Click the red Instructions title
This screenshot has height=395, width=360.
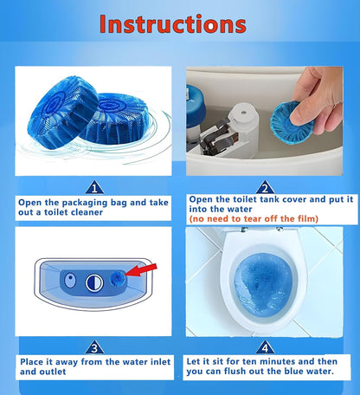point(173,23)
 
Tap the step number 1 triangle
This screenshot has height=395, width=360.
point(94,188)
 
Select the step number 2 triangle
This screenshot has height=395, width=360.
point(265,188)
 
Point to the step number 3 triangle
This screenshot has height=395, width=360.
point(94,347)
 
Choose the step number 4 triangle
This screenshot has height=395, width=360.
point(265,347)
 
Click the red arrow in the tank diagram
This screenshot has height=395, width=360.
point(141,270)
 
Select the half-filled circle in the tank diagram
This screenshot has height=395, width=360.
point(94,283)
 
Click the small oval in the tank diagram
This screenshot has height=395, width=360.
point(70,280)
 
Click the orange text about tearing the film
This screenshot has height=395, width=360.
point(254,219)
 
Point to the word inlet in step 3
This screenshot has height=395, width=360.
point(158,362)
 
